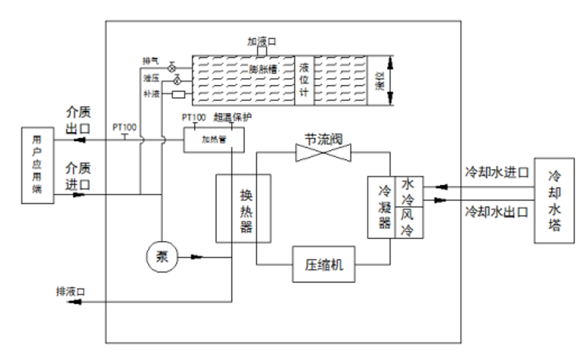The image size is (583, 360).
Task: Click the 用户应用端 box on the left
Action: [37, 165]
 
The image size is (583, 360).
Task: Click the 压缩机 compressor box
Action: [324, 264]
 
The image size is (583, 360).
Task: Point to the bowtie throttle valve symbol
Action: [324, 153]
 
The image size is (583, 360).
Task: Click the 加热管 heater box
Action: [214, 140]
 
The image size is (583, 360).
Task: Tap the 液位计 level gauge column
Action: [303, 80]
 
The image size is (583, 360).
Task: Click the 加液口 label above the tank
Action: [262, 41]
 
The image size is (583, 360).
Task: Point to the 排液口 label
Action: [70, 290]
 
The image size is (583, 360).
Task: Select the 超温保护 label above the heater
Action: [233, 116]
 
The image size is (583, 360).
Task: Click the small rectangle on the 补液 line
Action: [179, 95]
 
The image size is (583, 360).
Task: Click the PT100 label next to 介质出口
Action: [125, 128]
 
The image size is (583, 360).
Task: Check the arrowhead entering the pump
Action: [197, 256]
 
